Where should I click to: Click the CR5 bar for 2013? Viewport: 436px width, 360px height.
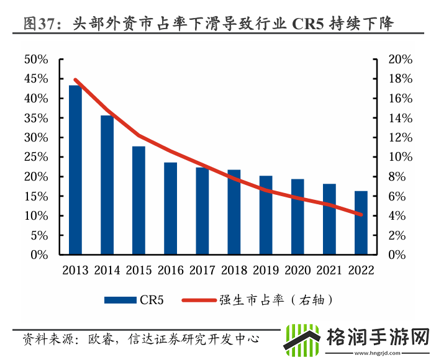pyautogui.click(x=75, y=170)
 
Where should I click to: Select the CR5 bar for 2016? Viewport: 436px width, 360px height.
pyautogui.click(x=170, y=209)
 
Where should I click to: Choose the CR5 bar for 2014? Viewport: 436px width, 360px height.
pyautogui.click(x=107, y=185)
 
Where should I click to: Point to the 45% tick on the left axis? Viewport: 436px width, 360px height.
pyautogui.click(x=35, y=79)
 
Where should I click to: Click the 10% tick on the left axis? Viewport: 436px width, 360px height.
pyautogui.click(x=35, y=216)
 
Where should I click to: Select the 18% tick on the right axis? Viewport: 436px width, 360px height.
pyautogui.click(x=400, y=79)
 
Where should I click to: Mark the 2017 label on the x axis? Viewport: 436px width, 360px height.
pyautogui.click(x=202, y=270)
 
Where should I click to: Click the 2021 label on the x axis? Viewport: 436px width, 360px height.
pyautogui.click(x=329, y=270)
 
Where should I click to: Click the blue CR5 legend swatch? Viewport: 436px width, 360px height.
pyautogui.click(x=120, y=300)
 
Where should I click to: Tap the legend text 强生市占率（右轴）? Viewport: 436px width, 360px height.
pyautogui.click(x=278, y=300)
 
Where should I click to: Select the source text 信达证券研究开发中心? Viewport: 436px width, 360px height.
pyautogui.click(x=193, y=339)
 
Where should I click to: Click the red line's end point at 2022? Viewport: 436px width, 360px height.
pyautogui.click(x=361, y=215)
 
